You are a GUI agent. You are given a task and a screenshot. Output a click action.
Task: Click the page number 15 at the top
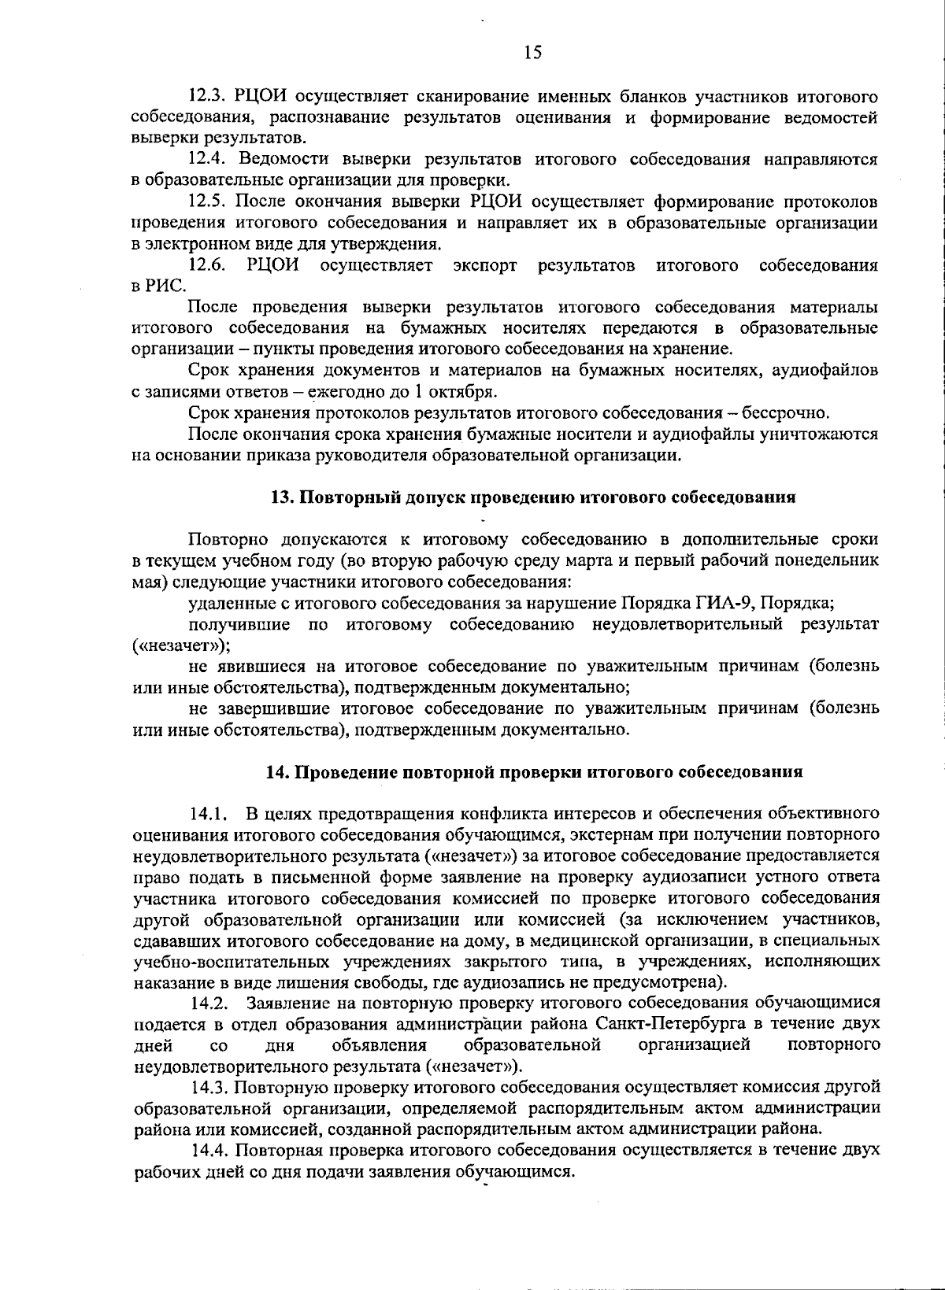(x=532, y=53)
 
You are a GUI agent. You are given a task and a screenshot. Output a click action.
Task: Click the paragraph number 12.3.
(x=208, y=97)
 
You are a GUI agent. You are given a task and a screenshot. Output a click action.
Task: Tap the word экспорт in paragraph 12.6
(x=485, y=265)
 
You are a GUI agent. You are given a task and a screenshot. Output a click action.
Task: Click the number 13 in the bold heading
(x=280, y=497)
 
